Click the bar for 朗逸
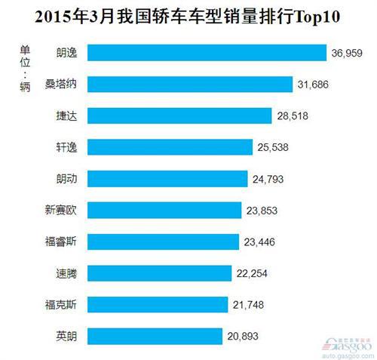tap(207, 53)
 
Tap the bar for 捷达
tap(179, 115)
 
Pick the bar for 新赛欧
tap(165, 210)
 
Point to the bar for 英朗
tap(155, 335)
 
